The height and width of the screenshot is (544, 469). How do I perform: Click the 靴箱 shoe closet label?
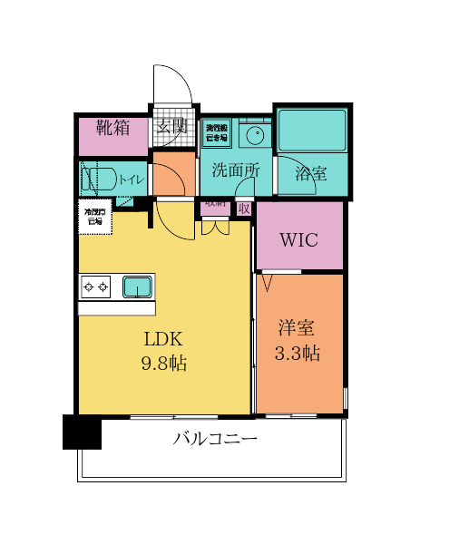pos(112,128)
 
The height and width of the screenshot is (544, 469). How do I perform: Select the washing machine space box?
pos(216,133)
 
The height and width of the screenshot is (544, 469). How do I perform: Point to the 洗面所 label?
pos(236,170)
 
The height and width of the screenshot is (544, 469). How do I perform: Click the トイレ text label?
pos(131,180)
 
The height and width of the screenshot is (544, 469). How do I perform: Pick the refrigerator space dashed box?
pos(94,219)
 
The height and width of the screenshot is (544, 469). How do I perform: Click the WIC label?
pos(298,240)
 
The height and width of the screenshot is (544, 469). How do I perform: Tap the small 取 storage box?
pos(243,208)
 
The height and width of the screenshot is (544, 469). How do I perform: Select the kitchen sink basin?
pos(139,287)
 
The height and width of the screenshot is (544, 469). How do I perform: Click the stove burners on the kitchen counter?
pos(96,288)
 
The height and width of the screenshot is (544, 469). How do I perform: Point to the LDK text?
pos(163,340)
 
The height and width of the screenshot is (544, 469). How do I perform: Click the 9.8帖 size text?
pos(163,364)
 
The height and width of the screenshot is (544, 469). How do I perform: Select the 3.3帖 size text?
pos(298,354)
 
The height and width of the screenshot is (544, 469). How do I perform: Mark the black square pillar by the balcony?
pos(82,432)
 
